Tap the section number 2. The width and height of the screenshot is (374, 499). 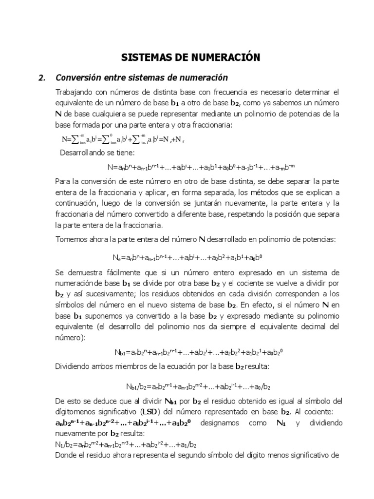42,77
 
